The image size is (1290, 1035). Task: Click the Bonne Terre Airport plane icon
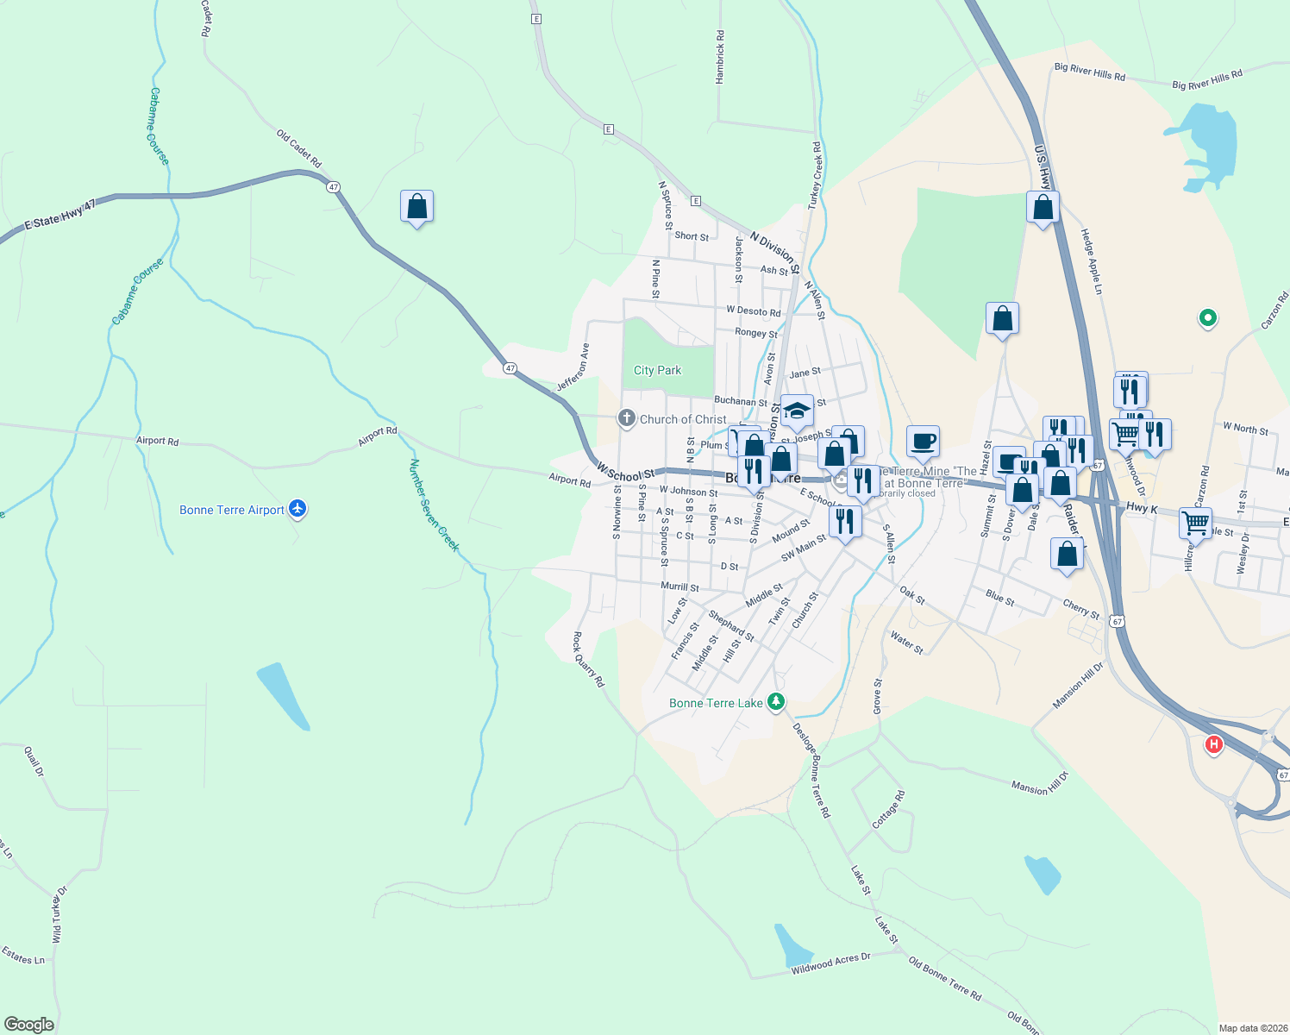pos(298,509)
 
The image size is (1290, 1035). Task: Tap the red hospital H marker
pos(1214,744)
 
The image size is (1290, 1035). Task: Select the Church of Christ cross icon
pos(627,419)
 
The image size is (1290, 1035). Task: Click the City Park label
pos(657,370)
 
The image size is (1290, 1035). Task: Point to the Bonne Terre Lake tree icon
pos(776,701)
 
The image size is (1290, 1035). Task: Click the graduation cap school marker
pos(797,411)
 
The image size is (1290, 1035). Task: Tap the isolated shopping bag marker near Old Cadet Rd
pos(416,207)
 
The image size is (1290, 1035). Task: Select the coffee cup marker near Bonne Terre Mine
pos(923,442)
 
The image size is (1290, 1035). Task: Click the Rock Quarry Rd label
pos(589,659)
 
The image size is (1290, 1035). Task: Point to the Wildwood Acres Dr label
pos(831,963)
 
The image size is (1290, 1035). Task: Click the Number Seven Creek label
pos(434,505)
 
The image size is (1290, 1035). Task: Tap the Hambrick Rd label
pos(721,57)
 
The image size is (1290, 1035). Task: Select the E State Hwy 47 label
pos(59,213)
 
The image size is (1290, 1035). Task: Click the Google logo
pos(29,1025)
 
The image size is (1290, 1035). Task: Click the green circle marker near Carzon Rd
pos(1208,318)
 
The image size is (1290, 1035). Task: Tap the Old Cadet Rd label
pos(298,148)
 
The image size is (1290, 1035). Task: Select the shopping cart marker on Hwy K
pos(1195,522)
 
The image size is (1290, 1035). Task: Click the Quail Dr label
pos(34,761)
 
